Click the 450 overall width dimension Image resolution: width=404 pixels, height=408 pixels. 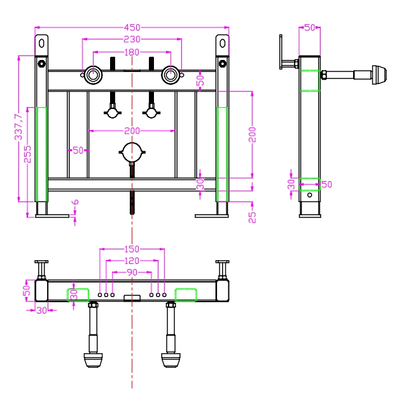coord(132,27)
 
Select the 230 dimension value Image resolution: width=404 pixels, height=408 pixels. coord(132,40)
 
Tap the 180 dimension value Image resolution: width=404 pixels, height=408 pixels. coord(132,52)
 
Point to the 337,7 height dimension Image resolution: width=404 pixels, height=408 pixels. coord(18,127)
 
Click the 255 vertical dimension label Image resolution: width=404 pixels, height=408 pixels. coord(27,154)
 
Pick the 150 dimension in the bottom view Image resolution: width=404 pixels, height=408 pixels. coord(132,249)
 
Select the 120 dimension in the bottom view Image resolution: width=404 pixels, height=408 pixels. coord(132,261)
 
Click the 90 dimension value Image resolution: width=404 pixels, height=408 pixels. coord(132,272)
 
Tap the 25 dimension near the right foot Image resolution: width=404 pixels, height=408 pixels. coord(252,217)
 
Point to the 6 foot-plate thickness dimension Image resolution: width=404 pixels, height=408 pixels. coord(75,202)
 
